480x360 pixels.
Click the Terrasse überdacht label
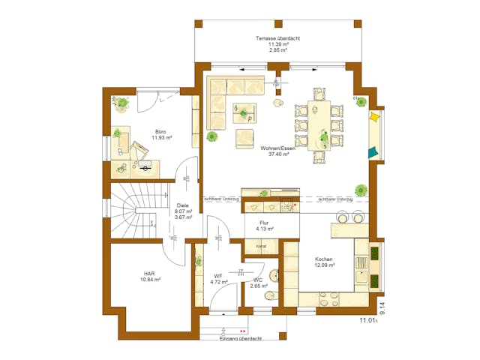(277, 38)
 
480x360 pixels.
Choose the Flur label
(264, 223)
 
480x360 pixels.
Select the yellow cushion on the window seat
(374, 117)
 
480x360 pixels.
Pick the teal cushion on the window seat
(373, 152)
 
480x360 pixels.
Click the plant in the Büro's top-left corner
(121, 101)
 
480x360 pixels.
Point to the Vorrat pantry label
(262, 245)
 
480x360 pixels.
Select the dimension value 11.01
(367, 320)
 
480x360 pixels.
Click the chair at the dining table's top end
(319, 93)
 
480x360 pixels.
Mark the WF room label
(217, 277)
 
